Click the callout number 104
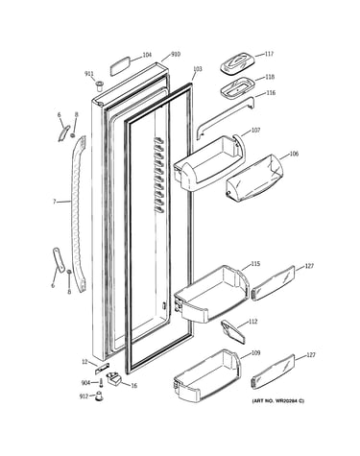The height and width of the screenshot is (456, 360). [147, 55]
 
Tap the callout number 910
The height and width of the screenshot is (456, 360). [176, 55]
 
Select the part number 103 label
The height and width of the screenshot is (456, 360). [198, 69]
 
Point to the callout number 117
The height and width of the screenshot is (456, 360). [269, 54]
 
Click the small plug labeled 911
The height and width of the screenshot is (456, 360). [99, 85]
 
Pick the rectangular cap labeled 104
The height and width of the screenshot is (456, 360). [120, 66]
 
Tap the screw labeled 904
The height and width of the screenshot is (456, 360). [102, 382]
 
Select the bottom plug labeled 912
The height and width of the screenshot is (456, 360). [100, 396]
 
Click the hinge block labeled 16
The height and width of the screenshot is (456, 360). [114, 378]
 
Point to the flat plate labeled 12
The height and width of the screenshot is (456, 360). [102, 369]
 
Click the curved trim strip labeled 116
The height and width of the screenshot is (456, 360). [226, 118]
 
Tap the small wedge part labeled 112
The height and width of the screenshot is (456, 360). [233, 331]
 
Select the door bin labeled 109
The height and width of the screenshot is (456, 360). [206, 376]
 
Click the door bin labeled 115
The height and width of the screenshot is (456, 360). [211, 293]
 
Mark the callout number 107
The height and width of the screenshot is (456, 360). [255, 131]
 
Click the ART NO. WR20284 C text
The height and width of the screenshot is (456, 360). [278, 400]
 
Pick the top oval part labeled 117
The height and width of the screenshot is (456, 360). [237, 63]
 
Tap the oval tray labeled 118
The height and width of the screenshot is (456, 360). [237, 86]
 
